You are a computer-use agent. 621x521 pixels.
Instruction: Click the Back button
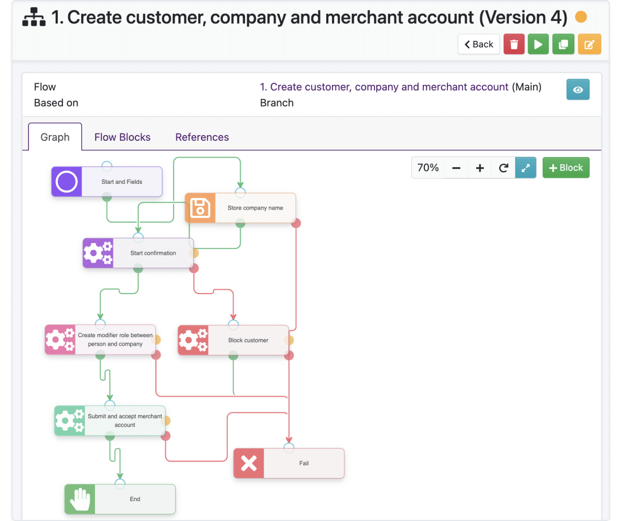point(479,44)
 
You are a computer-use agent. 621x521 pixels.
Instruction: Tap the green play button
point(538,44)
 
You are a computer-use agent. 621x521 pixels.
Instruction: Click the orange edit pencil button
point(590,44)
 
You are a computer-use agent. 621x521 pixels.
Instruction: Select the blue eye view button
point(578,90)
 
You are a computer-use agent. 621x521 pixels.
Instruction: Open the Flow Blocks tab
point(122,137)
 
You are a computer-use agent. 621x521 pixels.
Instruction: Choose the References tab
point(202,137)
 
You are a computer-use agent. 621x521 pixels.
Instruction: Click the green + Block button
point(566,168)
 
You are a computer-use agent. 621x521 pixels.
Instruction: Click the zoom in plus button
point(479,168)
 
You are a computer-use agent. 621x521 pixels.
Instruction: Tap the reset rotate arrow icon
point(504,168)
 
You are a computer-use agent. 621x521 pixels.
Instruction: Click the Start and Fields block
point(107,182)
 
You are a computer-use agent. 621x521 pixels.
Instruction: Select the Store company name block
point(240,208)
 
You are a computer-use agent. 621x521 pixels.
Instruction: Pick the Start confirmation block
point(138,253)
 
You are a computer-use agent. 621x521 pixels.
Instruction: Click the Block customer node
point(233,340)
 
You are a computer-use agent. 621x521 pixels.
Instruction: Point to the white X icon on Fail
point(249,463)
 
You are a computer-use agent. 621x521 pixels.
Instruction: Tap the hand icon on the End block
point(80,499)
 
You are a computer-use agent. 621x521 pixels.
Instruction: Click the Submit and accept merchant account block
point(110,421)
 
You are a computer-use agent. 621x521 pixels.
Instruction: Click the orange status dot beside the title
point(581,17)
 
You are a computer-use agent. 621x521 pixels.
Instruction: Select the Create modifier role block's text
point(115,339)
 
